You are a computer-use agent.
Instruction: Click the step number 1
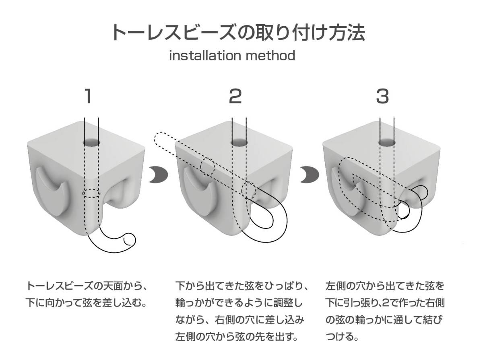(88, 97)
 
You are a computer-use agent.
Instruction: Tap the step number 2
(235, 97)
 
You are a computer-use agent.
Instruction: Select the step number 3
(383, 97)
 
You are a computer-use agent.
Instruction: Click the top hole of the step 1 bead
(91, 142)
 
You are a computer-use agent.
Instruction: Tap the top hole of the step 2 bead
(239, 142)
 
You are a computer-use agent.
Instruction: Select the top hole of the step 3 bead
(387, 142)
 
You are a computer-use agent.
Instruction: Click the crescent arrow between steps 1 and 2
(157, 175)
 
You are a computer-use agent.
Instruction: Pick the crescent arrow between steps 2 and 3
(308, 175)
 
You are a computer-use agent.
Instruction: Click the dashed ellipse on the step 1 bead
(91, 193)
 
